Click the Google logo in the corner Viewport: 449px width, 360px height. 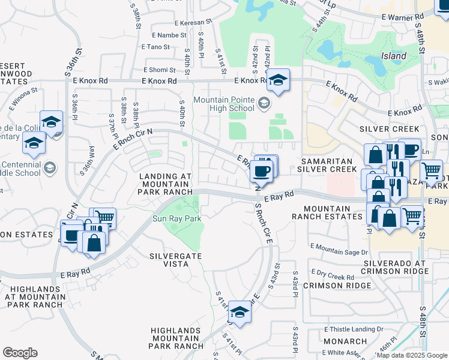point(20,353)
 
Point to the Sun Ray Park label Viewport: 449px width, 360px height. point(176,218)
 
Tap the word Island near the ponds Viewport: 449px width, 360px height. point(393,56)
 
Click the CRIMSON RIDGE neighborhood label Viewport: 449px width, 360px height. point(329,286)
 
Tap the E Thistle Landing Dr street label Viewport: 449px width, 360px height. point(354,329)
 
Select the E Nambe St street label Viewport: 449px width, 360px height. point(163,35)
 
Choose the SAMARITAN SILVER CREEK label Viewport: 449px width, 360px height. point(329,166)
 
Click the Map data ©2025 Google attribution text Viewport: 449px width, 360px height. point(412,355)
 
